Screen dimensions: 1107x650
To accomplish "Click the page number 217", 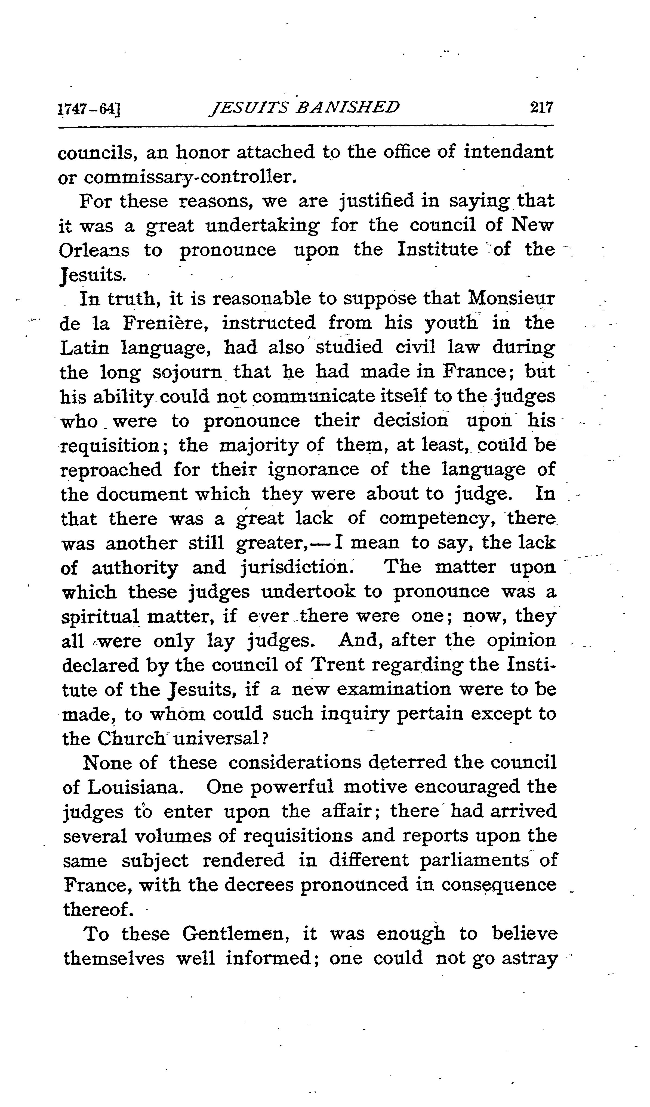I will tap(541, 108).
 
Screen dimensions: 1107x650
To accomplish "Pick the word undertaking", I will tap(263, 226).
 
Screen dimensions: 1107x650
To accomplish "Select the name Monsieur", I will tap(511, 299).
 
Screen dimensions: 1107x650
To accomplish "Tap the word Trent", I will tap(337, 666).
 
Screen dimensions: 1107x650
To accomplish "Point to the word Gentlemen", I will tap(235, 934).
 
